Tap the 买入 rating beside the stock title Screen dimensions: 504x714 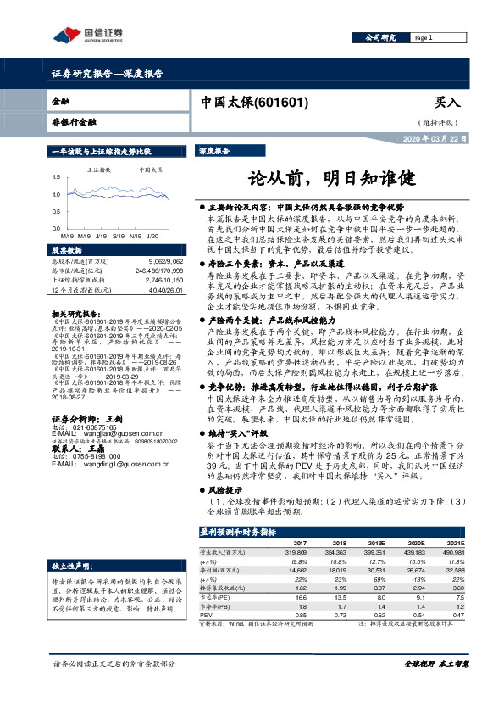coord(446,102)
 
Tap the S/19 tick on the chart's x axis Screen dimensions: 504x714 coord(117,235)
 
